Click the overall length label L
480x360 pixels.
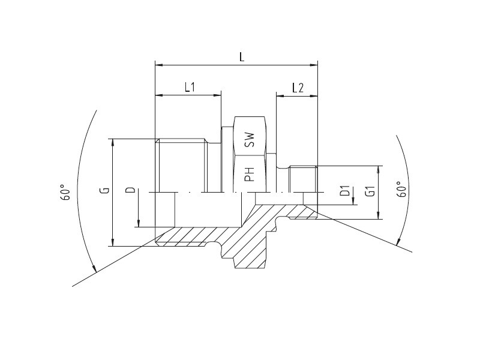click(242, 56)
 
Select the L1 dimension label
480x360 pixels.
click(190, 88)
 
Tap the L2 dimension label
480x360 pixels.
click(298, 88)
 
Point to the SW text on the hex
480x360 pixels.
click(250, 140)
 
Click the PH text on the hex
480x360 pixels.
click(250, 174)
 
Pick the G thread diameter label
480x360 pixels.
click(105, 190)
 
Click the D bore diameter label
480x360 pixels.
click(131, 190)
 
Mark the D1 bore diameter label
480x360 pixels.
click(346, 191)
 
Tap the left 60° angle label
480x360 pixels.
click(65, 192)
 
